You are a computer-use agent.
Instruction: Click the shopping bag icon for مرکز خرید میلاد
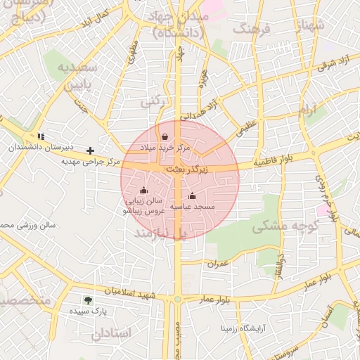pyautogui.click(x=165, y=136)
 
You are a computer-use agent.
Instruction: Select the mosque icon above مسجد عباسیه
pyautogui.click(x=193, y=195)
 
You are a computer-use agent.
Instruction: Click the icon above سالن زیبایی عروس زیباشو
pyautogui.click(x=144, y=190)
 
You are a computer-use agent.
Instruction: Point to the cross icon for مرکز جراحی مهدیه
pyautogui.click(x=91, y=150)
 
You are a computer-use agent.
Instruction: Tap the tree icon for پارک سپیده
pyautogui.click(x=88, y=300)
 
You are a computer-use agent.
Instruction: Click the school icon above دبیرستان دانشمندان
pyautogui.click(x=41, y=136)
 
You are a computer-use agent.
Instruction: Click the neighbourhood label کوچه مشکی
pyautogui.click(x=285, y=227)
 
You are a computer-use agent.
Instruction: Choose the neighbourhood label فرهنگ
pyautogui.click(x=255, y=30)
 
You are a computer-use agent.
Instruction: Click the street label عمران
pyautogui.click(x=218, y=263)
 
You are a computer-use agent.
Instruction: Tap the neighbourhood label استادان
pyautogui.click(x=111, y=333)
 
